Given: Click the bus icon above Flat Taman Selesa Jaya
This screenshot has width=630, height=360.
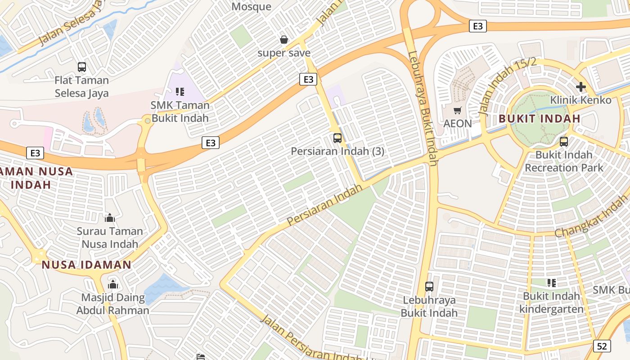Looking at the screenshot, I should [x=81, y=67].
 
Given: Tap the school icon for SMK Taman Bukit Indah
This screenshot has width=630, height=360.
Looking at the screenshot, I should [x=180, y=92].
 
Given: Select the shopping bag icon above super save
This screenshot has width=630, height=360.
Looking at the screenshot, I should [x=284, y=40].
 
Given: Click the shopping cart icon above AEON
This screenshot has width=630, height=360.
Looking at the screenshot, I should [x=458, y=110].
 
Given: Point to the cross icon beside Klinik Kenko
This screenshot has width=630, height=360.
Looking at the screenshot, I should [x=580, y=86].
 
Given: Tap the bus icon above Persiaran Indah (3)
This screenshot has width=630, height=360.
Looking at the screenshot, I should [x=337, y=138].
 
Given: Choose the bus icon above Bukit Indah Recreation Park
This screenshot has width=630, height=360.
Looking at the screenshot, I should [x=564, y=142].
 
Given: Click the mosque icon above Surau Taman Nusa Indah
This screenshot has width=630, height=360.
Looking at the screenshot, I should [x=110, y=218].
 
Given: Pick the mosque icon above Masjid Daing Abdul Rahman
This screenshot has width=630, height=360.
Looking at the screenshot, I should [x=113, y=284].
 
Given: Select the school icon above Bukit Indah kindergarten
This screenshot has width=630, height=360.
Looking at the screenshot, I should [x=551, y=283].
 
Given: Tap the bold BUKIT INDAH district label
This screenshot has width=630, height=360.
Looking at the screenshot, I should [x=540, y=119].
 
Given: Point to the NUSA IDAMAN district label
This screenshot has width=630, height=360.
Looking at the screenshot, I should [x=86, y=265].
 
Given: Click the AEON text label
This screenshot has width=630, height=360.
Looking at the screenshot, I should [x=458, y=124].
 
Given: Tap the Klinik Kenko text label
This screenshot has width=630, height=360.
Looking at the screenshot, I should [x=580, y=100].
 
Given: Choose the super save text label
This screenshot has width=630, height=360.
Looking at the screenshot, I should [x=284, y=53].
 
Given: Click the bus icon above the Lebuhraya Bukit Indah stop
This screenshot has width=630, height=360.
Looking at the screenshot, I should [x=429, y=287].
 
